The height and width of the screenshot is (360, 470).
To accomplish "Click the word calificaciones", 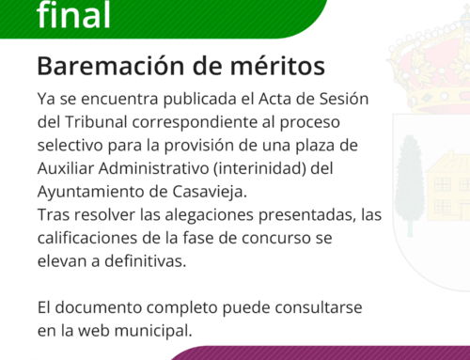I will [93, 238].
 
